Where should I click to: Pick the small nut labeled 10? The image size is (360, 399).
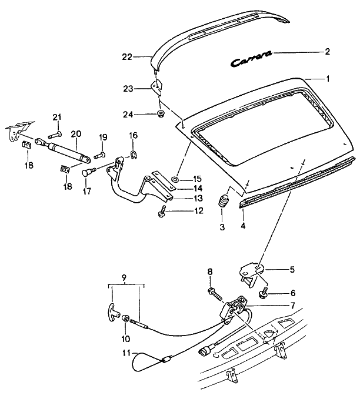tap(126, 319)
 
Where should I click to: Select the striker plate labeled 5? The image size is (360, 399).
tap(251, 273)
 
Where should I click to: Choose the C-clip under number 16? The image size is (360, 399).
tap(133, 156)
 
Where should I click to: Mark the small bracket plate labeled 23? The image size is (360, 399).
tap(157, 88)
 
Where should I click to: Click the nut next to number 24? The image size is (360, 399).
tap(160, 113)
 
